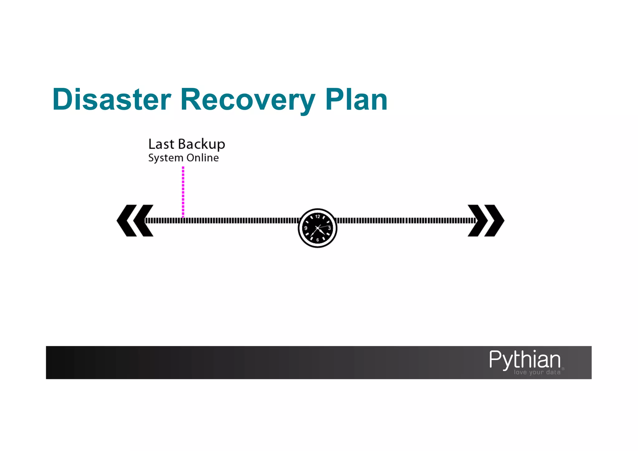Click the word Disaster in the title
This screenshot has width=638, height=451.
112,99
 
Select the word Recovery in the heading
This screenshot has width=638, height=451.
248,100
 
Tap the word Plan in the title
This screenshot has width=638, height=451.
356,99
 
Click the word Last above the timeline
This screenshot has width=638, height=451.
161,144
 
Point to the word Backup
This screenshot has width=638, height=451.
202,145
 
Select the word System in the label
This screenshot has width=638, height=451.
166,158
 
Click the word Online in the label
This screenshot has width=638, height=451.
202,158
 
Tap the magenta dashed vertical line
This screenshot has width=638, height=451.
183,192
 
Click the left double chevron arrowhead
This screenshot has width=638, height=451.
135,220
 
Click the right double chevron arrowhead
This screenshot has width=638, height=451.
486,220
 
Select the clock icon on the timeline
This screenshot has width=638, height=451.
317,228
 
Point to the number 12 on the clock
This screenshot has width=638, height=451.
317,217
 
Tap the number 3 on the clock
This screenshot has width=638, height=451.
329,228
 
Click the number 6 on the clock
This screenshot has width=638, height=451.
317,240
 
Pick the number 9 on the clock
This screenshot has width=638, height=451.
306,228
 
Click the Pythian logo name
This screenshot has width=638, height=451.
525,360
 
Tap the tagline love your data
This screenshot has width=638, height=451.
537,372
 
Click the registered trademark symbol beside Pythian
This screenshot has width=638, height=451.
563,369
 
